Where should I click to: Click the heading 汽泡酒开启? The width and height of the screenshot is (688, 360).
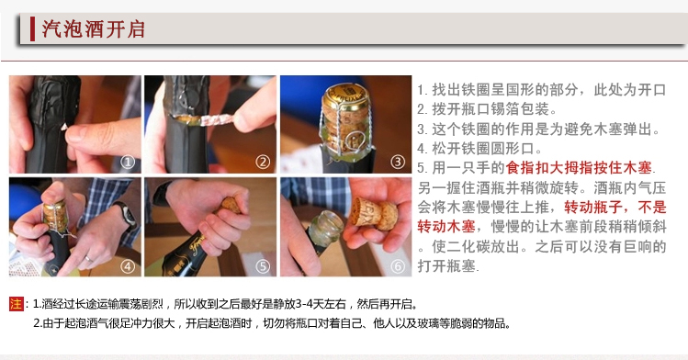click(93, 29)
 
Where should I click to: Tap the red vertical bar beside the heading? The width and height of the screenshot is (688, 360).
click(32, 29)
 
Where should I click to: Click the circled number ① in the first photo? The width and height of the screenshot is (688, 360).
click(128, 163)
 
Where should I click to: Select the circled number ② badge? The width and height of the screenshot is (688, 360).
click(263, 163)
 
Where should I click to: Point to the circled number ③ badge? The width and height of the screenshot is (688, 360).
click(398, 162)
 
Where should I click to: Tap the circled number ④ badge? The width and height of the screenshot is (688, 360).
click(128, 265)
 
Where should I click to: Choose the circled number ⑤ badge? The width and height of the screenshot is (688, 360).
click(263, 265)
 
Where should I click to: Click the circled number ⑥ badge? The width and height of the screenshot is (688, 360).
click(398, 265)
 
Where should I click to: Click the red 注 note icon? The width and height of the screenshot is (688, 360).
click(17, 303)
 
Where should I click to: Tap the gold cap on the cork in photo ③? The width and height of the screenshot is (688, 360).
click(344, 97)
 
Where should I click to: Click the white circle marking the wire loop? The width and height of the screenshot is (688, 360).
click(354, 141)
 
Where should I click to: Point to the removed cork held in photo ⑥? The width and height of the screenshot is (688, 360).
click(376, 213)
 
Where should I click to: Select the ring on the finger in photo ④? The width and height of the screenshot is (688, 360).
click(89, 259)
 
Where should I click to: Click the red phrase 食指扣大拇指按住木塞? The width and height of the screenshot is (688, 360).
click(579, 168)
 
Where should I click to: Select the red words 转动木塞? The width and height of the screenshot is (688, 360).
click(446, 227)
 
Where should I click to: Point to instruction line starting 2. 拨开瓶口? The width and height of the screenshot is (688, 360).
click(487, 109)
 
